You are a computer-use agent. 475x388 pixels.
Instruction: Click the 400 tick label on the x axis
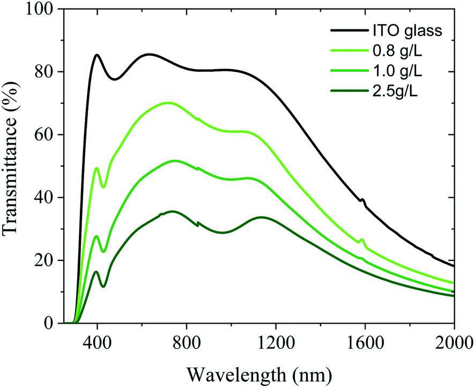[97, 341]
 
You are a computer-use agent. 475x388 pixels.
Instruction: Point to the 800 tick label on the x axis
[186, 341]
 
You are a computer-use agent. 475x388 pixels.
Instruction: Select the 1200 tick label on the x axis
[276, 341]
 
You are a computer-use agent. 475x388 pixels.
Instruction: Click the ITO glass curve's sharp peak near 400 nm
[97, 55]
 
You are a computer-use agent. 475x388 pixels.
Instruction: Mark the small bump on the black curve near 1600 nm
[363, 200]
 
